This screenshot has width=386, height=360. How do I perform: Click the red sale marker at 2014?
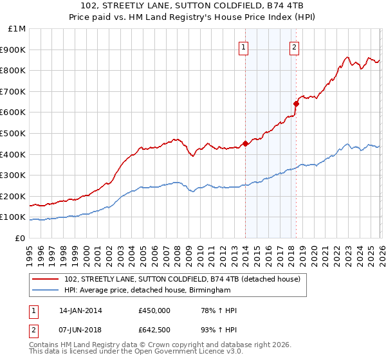point(245,144)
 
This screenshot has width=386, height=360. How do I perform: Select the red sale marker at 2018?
point(296,104)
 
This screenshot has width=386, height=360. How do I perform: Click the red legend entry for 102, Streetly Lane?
point(182,280)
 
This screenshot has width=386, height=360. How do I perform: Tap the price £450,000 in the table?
point(154,310)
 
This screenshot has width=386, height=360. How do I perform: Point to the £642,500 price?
point(154,330)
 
